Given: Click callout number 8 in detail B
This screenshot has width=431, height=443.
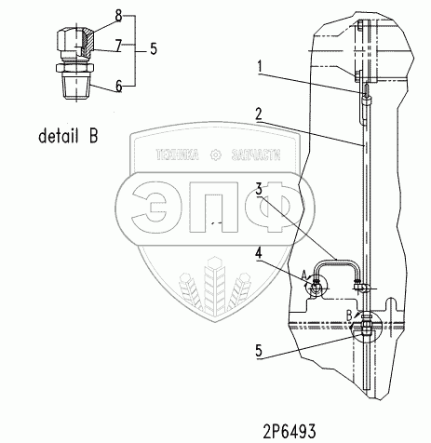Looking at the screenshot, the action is click(x=118, y=17).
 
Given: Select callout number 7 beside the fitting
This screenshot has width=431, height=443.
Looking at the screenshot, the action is click(x=118, y=47).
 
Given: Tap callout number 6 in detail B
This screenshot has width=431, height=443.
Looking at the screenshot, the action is click(x=118, y=87).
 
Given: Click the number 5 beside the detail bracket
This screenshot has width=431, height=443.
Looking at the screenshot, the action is click(x=154, y=49).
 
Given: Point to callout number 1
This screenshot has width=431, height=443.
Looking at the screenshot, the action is click(x=260, y=67).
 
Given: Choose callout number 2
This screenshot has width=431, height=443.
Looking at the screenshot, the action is click(x=258, y=114).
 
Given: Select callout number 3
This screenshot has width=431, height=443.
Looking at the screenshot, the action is click(x=259, y=189).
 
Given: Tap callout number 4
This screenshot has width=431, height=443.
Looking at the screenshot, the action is click(x=258, y=253).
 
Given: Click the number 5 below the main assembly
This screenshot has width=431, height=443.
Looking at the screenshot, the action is click(x=259, y=351).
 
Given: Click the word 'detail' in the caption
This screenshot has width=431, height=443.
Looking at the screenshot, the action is click(x=58, y=136).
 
